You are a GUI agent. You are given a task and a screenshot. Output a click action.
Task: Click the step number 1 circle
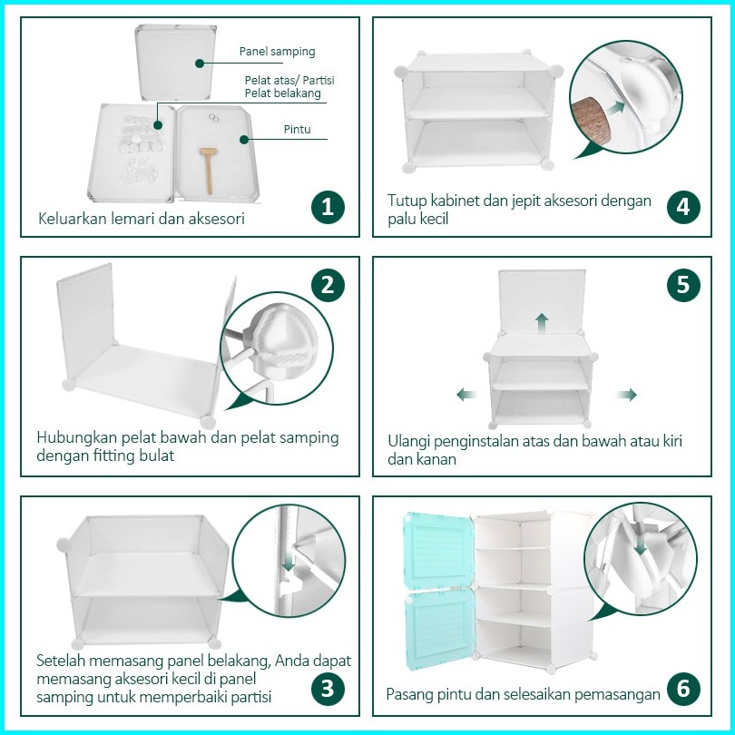[328, 207]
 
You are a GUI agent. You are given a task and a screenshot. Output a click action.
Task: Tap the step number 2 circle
[328, 285]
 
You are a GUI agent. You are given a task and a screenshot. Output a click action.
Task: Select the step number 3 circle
[328, 689]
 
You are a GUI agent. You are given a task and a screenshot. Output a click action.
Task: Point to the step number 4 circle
[683, 207]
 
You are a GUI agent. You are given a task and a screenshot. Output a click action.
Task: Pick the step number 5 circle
[683, 285]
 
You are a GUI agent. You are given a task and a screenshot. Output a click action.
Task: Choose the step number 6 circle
[683, 689]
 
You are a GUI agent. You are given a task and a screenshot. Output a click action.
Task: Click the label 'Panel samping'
[277, 52]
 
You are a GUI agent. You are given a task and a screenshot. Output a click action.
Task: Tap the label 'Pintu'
[298, 130]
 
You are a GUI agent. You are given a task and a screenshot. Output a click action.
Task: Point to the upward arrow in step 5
[543, 323]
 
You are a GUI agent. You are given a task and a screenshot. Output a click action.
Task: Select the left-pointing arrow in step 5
[467, 394]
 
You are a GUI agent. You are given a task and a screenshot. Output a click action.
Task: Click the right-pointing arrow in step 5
[627, 394]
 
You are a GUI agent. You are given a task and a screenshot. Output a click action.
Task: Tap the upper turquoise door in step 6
[438, 550]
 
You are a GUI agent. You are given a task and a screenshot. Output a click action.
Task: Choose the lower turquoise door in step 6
[440, 629]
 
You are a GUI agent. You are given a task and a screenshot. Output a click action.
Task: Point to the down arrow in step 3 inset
[289, 561]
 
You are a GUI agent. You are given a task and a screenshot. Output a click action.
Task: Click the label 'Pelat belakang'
[282, 93]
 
